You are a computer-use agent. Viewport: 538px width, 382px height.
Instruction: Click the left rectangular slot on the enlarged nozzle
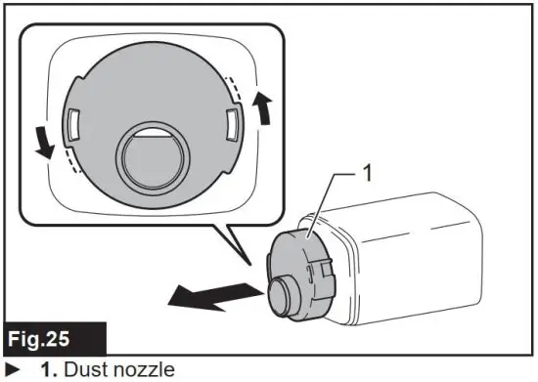[72, 121]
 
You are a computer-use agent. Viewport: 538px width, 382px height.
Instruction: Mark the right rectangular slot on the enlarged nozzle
[233, 124]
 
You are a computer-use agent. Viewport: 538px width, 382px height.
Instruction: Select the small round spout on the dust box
[279, 293]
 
